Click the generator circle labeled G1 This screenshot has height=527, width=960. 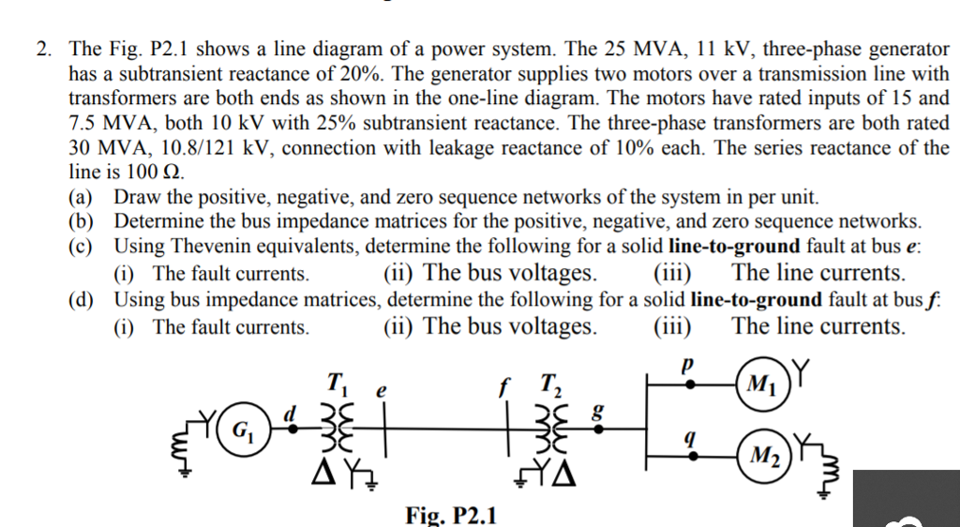click(242, 432)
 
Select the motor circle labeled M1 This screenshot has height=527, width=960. click(760, 384)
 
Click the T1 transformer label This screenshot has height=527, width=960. click(335, 384)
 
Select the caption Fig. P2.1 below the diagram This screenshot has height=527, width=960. click(452, 514)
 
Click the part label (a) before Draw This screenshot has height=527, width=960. click(84, 197)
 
